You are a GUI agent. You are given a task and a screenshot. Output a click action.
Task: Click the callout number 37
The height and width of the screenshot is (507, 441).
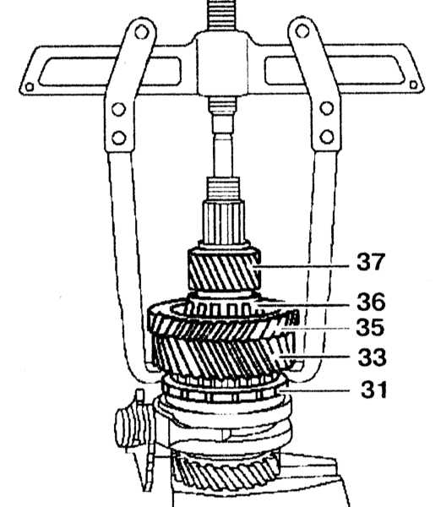pyautogui.click(x=371, y=262)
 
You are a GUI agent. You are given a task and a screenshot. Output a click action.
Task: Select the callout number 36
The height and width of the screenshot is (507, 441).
pyautogui.click(x=371, y=302)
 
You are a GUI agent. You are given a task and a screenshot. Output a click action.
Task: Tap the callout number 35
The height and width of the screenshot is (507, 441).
pyautogui.click(x=370, y=327)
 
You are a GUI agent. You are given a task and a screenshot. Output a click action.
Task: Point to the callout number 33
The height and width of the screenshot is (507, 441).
pyautogui.click(x=372, y=357)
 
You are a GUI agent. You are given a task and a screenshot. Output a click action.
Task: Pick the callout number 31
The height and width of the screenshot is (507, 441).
pyautogui.click(x=373, y=390)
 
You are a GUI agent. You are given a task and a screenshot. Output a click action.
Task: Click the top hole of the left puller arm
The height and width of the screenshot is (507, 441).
pyautogui.click(x=141, y=32)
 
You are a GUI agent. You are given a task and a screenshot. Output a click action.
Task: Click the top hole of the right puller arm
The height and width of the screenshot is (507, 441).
pyautogui.click(x=302, y=31)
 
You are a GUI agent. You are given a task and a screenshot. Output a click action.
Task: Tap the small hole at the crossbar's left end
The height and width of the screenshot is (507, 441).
pyautogui.click(x=30, y=87)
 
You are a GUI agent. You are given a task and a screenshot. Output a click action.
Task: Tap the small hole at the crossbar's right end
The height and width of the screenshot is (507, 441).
pyautogui.click(x=413, y=85)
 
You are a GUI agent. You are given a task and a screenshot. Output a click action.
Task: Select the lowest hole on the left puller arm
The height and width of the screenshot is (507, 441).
pyautogui.click(x=118, y=138)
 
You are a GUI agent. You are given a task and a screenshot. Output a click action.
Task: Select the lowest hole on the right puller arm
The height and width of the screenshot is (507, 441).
pyautogui.click(x=327, y=136)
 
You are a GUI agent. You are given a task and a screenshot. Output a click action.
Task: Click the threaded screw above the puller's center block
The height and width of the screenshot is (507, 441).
pyautogui.click(x=222, y=15)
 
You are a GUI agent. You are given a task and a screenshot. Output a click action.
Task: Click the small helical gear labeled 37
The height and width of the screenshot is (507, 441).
pyautogui.click(x=224, y=270)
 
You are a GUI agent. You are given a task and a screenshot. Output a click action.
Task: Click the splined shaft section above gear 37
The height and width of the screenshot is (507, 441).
pyautogui.click(x=223, y=222)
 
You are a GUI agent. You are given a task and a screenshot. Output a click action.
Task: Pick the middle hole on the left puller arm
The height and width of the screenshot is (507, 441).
pyautogui.click(x=118, y=109)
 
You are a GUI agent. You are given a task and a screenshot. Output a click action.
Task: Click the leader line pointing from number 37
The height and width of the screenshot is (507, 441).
pyautogui.click(x=304, y=267)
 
